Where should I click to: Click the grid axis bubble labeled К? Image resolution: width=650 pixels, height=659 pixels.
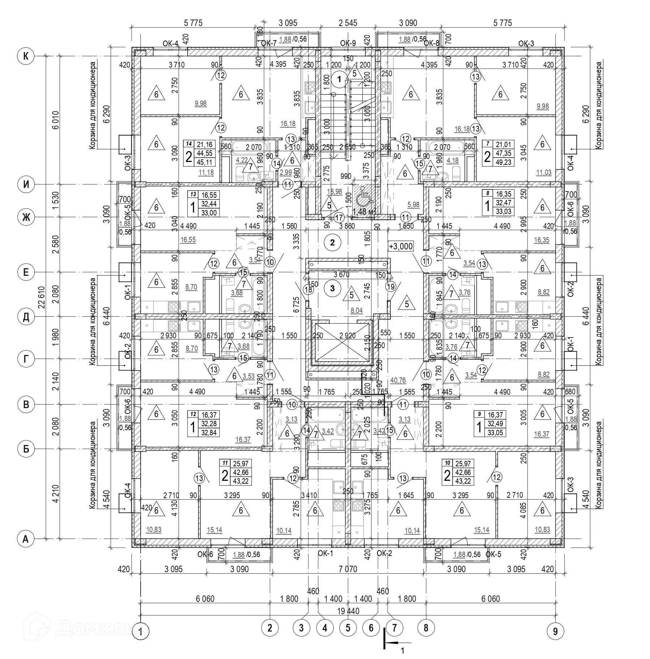pyautogui.click(x=26, y=56)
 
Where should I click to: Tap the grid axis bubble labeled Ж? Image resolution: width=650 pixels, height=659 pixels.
pyautogui.click(x=26, y=217)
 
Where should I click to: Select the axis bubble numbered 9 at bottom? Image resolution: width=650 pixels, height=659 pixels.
pyautogui.click(x=555, y=631)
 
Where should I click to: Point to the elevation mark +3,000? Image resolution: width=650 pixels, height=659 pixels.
pyautogui.click(x=401, y=247)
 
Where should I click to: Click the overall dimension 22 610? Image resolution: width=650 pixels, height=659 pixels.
pyautogui.click(x=43, y=298)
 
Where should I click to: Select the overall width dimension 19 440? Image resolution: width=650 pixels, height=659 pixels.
pyautogui.click(x=348, y=611)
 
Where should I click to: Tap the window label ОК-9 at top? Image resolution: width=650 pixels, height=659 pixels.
pyautogui.click(x=348, y=44)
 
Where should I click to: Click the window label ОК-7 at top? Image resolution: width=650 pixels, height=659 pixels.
pyautogui.click(x=269, y=44)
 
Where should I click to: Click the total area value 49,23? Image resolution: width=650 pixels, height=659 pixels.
pyautogui.click(x=504, y=162)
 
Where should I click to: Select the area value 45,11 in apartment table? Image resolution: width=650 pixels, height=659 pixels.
pyautogui.click(x=205, y=162)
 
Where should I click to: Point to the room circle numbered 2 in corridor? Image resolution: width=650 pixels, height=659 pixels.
pyautogui.click(x=333, y=243)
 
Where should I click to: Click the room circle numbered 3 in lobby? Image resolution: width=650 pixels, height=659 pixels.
pyautogui.click(x=333, y=288)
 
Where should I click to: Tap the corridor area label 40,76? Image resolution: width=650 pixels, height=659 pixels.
pyautogui.click(x=398, y=380)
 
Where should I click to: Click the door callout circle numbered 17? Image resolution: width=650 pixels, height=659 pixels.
pyautogui.click(x=339, y=218)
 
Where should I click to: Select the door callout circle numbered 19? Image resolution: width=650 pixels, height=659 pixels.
pyautogui.click(x=391, y=287)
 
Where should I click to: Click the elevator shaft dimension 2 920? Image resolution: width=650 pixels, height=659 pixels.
pyautogui.click(x=347, y=335)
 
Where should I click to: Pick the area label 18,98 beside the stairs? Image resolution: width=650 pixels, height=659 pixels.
pyautogui.click(x=334, y=192)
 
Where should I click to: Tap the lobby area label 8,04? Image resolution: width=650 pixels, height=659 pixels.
pyautogui.click(x=356, y=310)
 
